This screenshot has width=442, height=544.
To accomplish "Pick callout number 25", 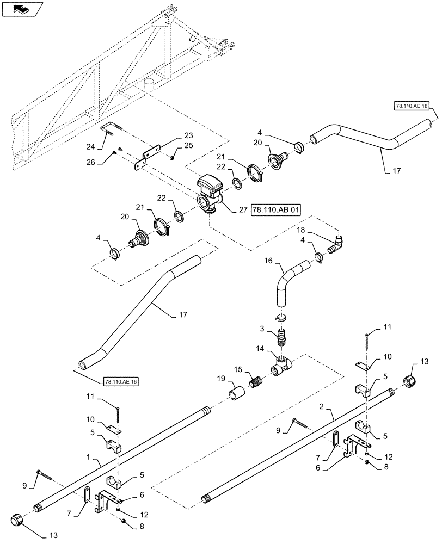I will pos(189,145).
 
